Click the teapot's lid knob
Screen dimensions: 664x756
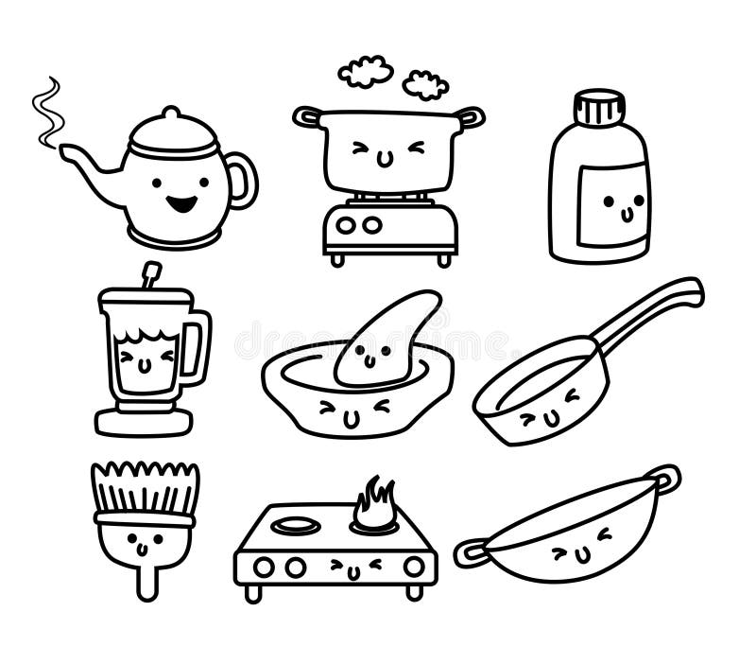(x=170, y=114)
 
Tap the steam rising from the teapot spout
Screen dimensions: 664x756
(x=47, y=112)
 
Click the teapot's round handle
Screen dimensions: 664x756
(x=244, y=181)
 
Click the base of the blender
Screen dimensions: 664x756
(x=144, y=419)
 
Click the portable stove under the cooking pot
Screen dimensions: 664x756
(x=390, y=228)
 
